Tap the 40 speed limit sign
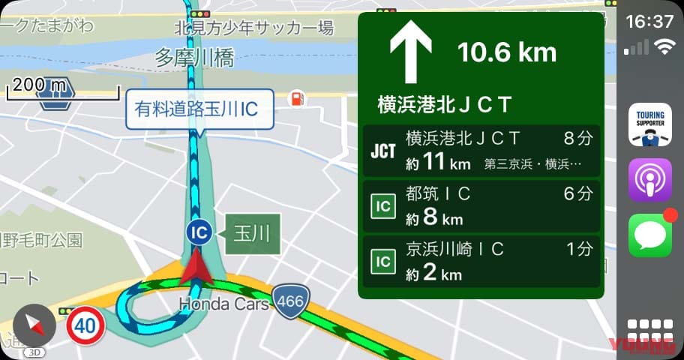click(x=85, y=325)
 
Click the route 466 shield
click(x=290, y=301)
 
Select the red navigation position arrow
click(x=196, y=268)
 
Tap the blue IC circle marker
click(x=199, y=232)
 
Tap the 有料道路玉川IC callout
click(x=198, y=109)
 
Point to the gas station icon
click(x=298, y=98)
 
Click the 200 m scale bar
click(x=63, y=89)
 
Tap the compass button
click(x=34, y=324)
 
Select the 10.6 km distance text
click(x=507, y=52)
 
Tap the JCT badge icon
click(x=383, y=150)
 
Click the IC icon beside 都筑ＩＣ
click(x=383, y=205)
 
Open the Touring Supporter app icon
click(x=649, y=124)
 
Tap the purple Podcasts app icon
click(x=649, y=180)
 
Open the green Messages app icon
click(x=649, y=235)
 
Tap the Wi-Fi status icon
click(x=664, y=47)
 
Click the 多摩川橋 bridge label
click(x=194, y=58)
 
